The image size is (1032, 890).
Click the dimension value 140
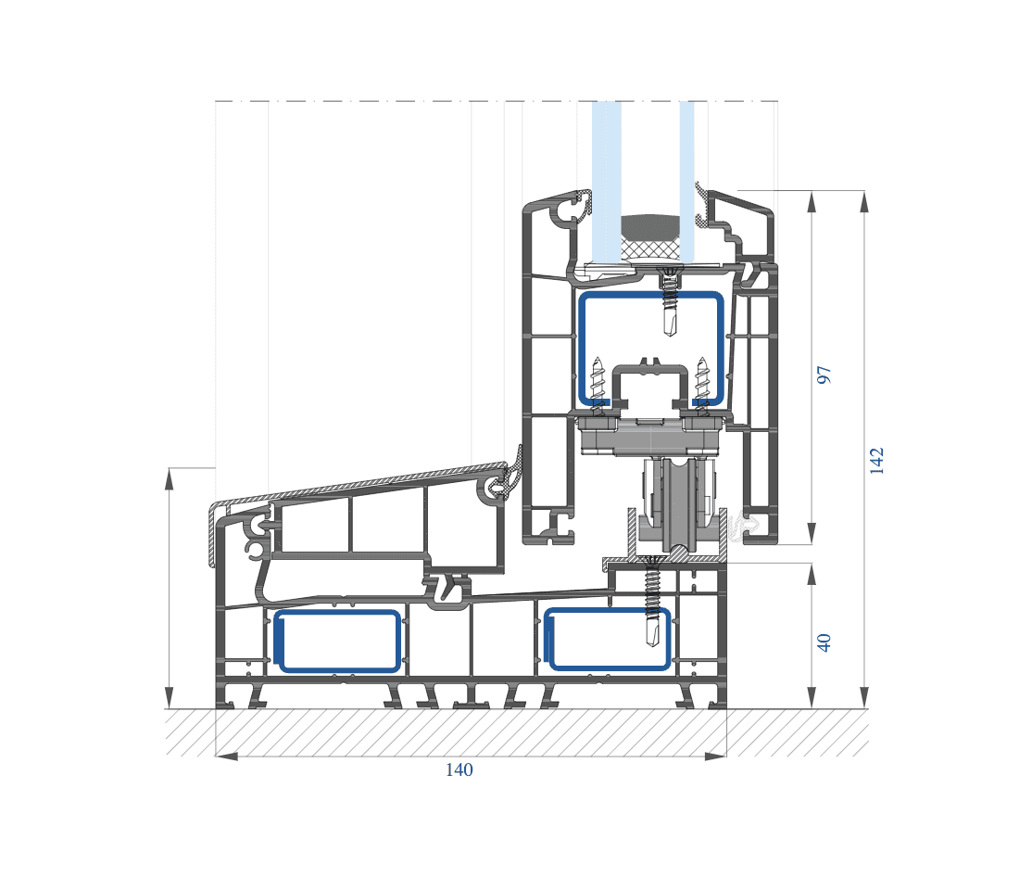459,769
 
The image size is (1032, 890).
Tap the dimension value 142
876,461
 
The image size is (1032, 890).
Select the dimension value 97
824,375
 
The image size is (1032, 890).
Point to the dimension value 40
824,642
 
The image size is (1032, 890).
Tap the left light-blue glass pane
606,181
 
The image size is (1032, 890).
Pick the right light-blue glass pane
686,181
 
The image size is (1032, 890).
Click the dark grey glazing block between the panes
650,226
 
